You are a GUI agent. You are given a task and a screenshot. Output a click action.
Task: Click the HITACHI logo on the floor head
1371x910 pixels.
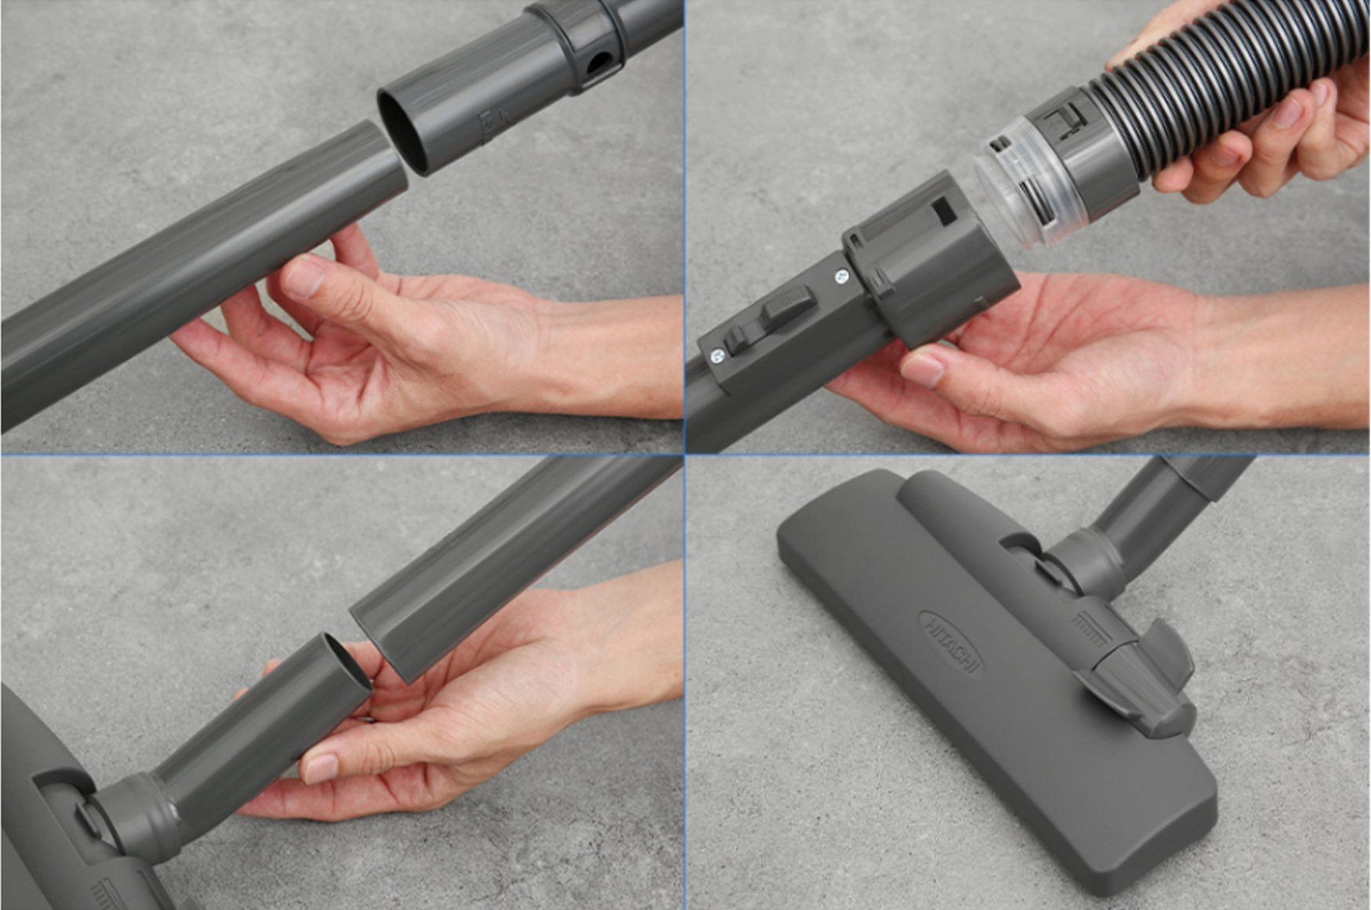pos(951,644)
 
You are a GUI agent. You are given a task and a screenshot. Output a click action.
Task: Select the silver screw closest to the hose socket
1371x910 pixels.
pos(843,276)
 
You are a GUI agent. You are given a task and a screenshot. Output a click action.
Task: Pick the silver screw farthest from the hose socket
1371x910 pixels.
pos(717,357)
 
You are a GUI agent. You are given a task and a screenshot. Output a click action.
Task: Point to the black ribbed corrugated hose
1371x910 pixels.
pos(1223,86)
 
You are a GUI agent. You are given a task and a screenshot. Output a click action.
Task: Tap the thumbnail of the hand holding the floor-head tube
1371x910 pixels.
pos(320,768)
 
